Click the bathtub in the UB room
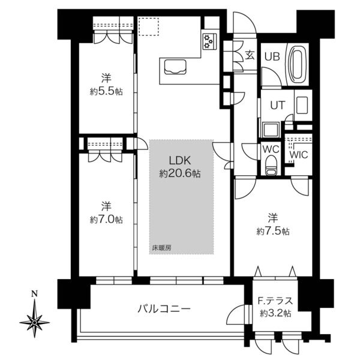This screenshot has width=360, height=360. (298, 64)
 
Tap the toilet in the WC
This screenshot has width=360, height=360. (271, 165)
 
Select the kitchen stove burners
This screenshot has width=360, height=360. (209, 41)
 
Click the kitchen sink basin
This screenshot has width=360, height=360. (175, 67)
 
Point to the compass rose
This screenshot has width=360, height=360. (34, 323)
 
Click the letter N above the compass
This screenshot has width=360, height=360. (34, 293)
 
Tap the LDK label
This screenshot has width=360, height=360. (180, 160)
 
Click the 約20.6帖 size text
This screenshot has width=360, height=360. (180, 173)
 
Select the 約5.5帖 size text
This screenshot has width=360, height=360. (106, 92)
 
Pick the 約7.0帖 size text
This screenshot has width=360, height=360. (106, 220)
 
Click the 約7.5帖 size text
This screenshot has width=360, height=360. (273, 231)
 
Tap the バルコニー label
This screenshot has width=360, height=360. (164, 309)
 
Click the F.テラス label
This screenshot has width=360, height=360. (275, 301)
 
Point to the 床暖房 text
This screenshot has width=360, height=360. (161, 248)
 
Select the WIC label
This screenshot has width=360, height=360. (298, 155)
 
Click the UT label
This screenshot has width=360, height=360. (278, 106)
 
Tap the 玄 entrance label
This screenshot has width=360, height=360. (250, 55)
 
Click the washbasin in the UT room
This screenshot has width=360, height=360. (302, 106)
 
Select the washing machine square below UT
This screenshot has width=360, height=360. (271, 130)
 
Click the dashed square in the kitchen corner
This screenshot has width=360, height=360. (149, 26)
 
